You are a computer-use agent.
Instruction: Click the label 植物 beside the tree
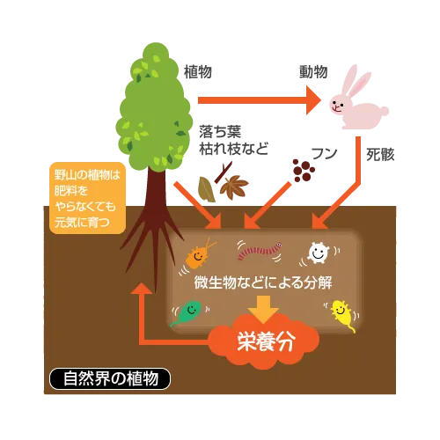click(x=198, y=72)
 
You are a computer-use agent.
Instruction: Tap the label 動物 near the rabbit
click(x=313, y=72)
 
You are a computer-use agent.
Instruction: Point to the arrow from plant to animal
click(x=260, y=100)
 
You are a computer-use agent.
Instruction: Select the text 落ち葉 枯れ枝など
click(x=233, y=140)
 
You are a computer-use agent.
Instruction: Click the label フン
click(x=324, y=154)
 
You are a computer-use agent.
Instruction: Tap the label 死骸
click(x=380, y=155)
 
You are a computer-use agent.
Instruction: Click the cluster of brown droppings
click(x=304, y=170)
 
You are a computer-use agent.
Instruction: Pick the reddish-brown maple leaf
click(x=234, y=187)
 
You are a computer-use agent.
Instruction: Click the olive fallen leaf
click(x=207, y=189)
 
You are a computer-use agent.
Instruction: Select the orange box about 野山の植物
click(x=87, y=198)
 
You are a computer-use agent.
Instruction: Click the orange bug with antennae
click(x=198, y=255)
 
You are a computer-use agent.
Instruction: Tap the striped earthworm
click(x=260, y=251)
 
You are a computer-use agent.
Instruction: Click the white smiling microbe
click(x=318, y=253)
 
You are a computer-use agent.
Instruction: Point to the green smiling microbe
click(x=187, y=312)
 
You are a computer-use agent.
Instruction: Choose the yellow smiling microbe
click(x=342, y=314)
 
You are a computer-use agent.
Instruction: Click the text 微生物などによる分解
click(x=263, y=282)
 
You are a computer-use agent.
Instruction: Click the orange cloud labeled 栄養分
click(x=264, y=341)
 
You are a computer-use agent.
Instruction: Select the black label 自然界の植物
click(x=110, y=378)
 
